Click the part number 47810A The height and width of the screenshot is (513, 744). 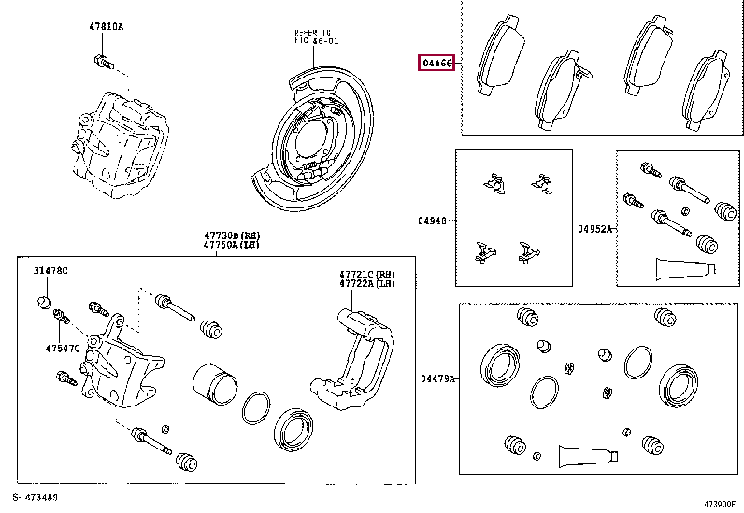point(106,27)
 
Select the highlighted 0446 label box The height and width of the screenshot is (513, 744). point(436,64)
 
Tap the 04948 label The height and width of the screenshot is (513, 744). point(433,222)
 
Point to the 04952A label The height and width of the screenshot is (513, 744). point(594,228)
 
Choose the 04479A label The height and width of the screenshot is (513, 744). point(436,378)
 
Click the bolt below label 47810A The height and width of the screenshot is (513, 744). point(103,63)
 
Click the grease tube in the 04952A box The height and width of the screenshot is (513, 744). point(681,268)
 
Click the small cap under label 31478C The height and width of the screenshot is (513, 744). point(43,301)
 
